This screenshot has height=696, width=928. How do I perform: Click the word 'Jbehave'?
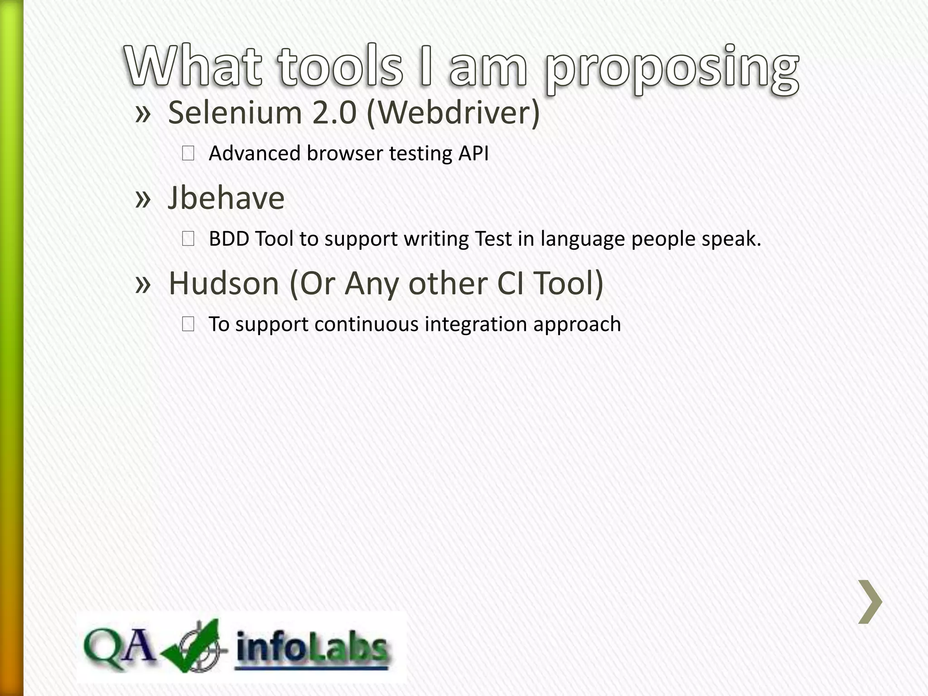click(226, 198)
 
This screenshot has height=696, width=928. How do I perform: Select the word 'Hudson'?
click(224, 283)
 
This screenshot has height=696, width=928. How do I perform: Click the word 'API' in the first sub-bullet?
click(474, 153)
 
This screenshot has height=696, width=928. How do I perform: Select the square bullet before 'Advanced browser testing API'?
click(188, 154)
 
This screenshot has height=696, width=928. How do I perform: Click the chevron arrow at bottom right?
click(870, 601)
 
